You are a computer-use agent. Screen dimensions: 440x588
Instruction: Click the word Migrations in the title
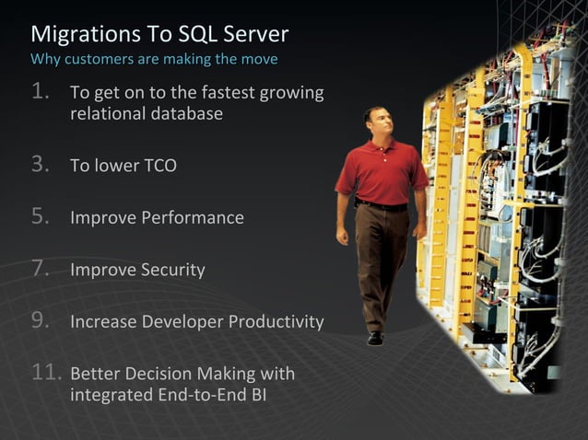click(77, 35)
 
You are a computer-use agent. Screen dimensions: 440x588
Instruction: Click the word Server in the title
click(258, 35)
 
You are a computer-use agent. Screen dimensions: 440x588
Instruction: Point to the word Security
click(172, 271)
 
